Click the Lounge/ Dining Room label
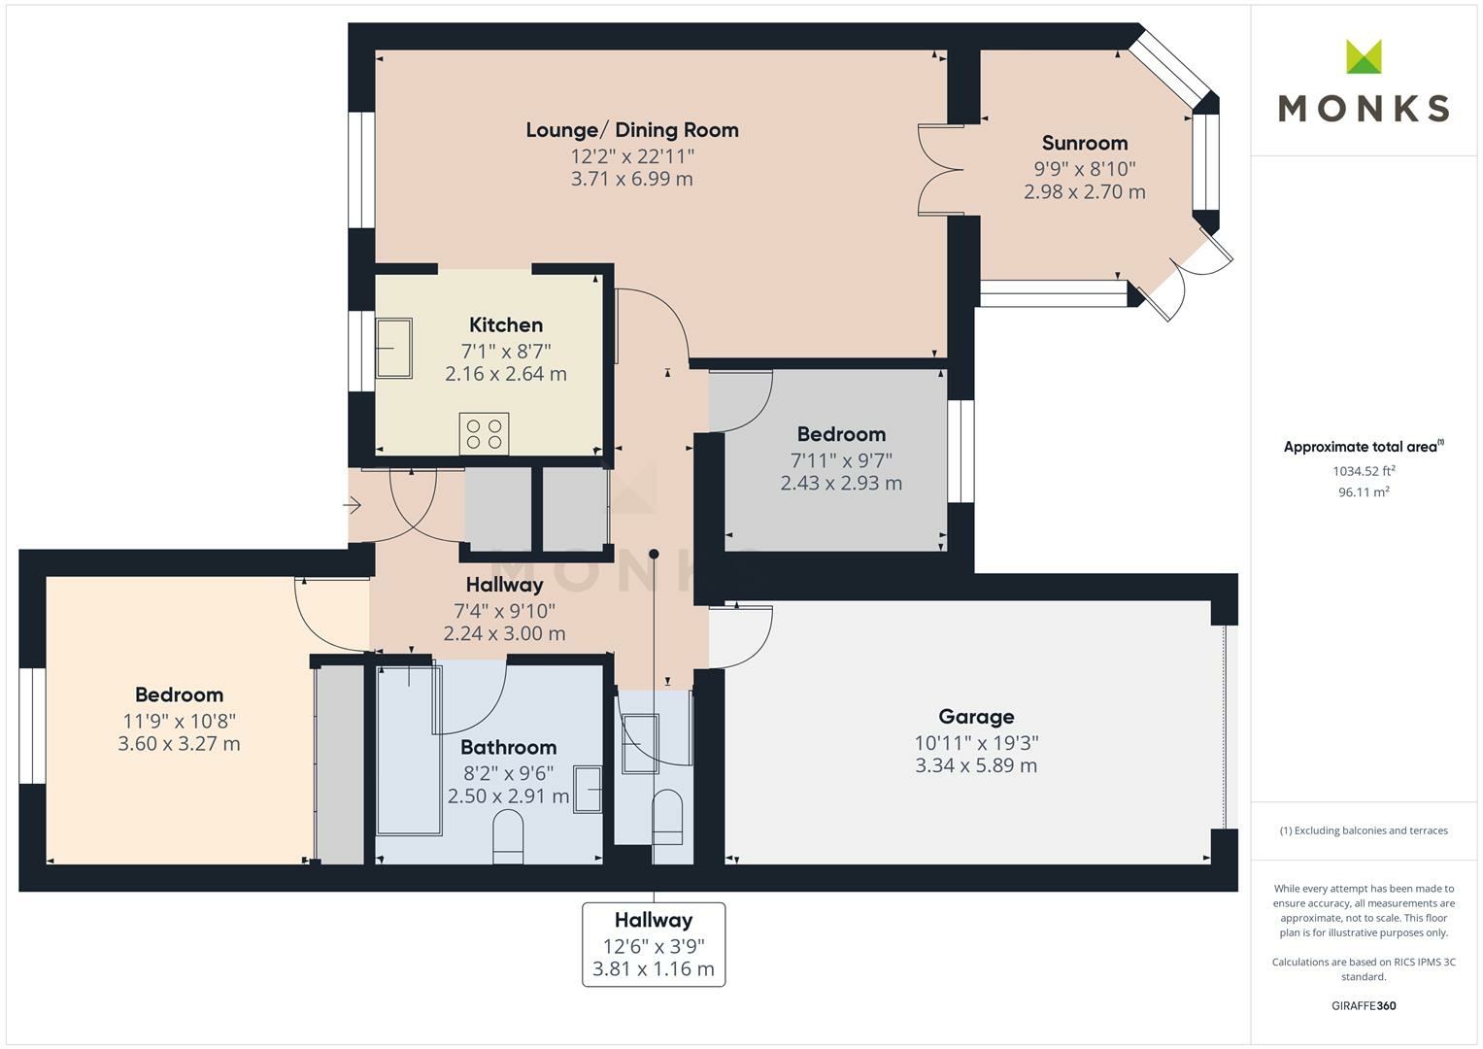pyautogui.click(x=631, y=130)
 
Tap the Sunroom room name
pyautogui.click(x=1085, y=143)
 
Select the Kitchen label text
pyautogui.click(x=506, y=325)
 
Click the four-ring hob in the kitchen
pyautogui.click(x=484, y=434)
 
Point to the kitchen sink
pyautogui.click(x=394, y=349)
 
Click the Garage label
pyautogui.click(x=976, y=717)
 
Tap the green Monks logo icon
pyautogui.click(x=1364, y=56)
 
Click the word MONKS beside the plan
pyautogui.click(x=1364, y=108)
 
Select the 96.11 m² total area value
pyautogui.click(x=1364, y=492)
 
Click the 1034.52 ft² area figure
pyautogui.click(x=1364, y=471)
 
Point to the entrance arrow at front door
pyautogui.click(x=352, y=506)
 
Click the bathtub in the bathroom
pyautogui.click(x=409, y=750)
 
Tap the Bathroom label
pyautogui.click(x=509, y=748)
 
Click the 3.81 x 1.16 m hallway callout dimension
pyautogui.click(x=654, y=969)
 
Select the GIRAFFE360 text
pyautogui.click(x=1364, y=1005)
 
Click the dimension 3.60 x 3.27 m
pyautogui.click(x=179, y=744)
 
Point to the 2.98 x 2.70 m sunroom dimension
pyautogui.click(x=1085, y=192)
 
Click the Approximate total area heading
pyautogui.click(x=1364, y=447)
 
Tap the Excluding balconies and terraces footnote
pyautogui.click(x=1364, y=830)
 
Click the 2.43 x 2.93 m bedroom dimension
pyautogui.click(x=841, y=484)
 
